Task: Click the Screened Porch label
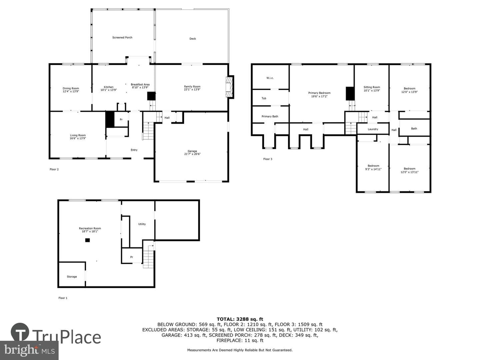coord(122,38)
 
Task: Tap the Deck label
coord(193,39)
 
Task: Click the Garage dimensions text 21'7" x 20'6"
coord(192,154)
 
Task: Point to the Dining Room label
coord(71,89)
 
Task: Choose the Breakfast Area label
coord(140,85)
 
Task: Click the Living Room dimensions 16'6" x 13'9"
coord(78,138)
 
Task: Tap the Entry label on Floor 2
coord(134,150)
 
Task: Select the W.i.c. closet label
coord(270,78)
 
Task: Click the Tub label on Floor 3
coord(264,98)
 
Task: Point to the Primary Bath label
coord(270,117)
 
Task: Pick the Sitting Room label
coord(372,87)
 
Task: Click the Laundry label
coord(373,129)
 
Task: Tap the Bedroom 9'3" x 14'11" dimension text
coord(373,169)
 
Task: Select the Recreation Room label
coord(90,228)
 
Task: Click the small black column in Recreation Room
coord(87,240)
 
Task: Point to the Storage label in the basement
coord(72,277)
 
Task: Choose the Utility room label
coord(142,224)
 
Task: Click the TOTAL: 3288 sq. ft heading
coord(240,319)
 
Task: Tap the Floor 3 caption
coord(268,159)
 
